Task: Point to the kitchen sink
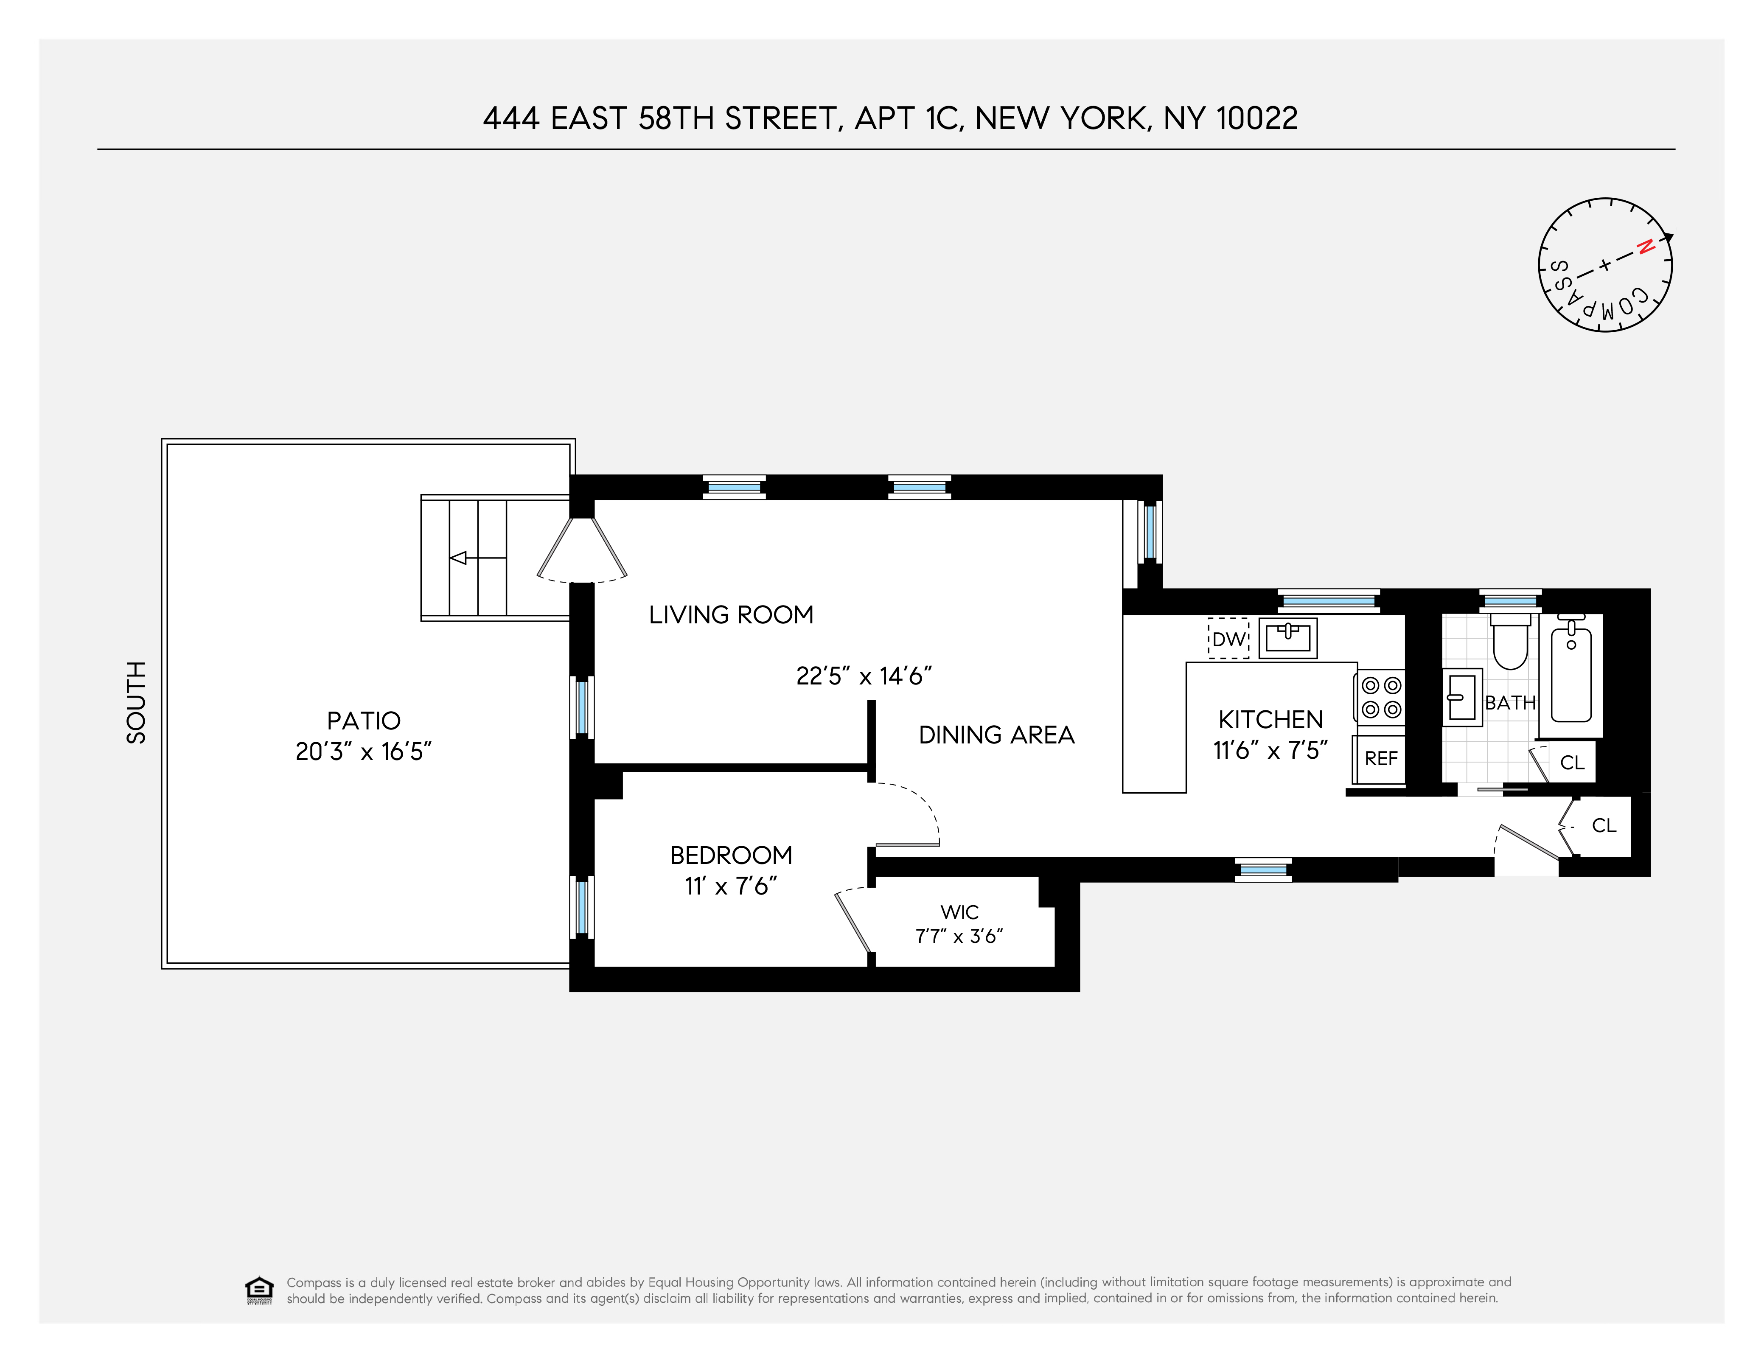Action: pyautogui.click(x=1287, y=638)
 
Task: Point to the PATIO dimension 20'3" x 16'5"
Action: pyautogui.click(x=364, y=752)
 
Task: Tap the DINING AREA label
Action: pyautogui.click(x=997, y=735)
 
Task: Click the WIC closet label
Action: pyautogui.click(x=959, y=912)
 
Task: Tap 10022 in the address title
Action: pyautogui.click(x=1257, y=119)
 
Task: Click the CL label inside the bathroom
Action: pyautogui.click(x=1572, y=763)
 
